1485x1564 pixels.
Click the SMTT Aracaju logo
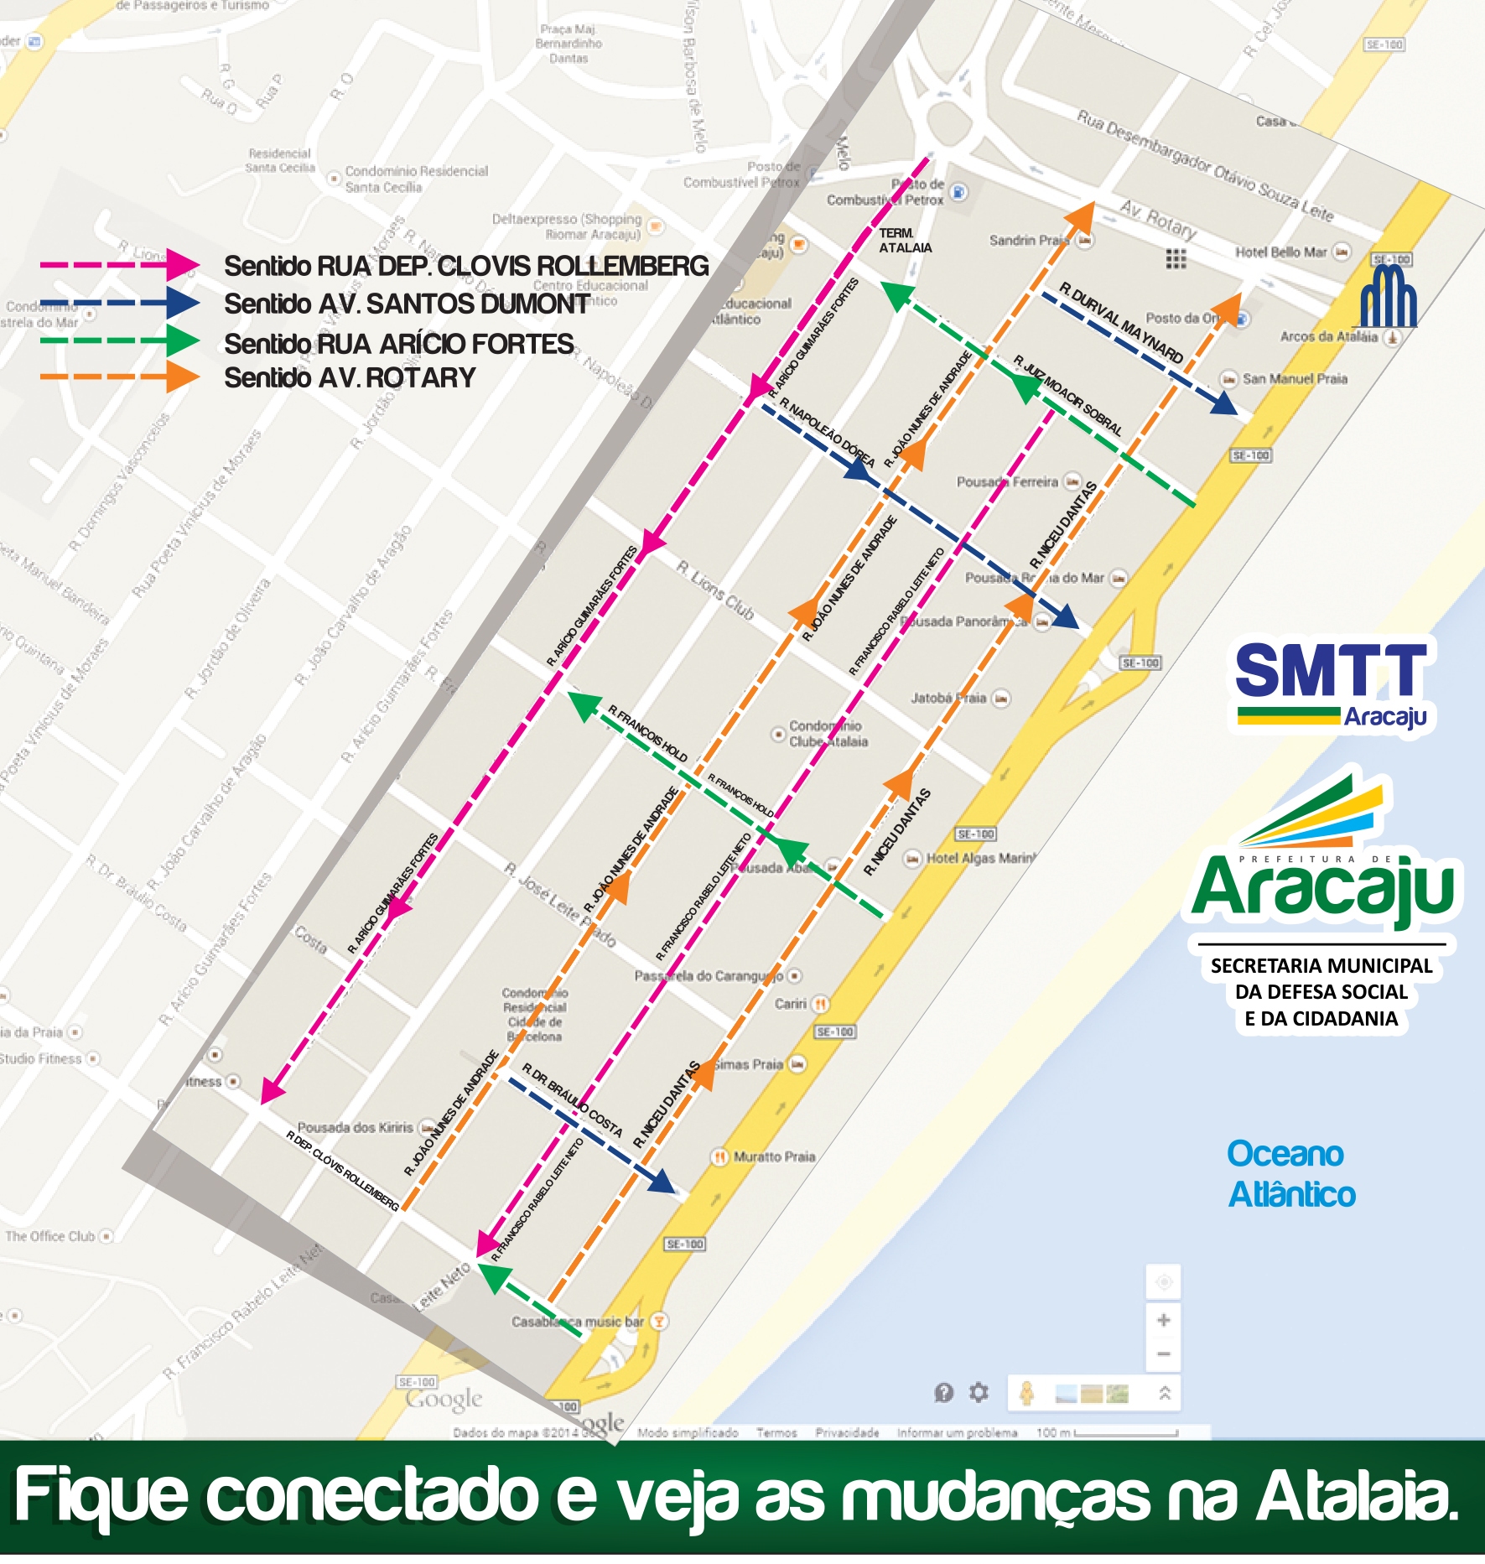point(1331,683)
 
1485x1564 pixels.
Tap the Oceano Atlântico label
point(1290,1174)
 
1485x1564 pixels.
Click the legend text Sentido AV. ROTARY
point(350,378)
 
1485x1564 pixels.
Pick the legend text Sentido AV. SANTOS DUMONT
point(406,304)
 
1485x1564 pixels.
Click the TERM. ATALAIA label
point(904,241)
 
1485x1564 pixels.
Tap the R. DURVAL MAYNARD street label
point(1120,323)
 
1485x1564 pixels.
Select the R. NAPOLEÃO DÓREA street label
point(827,433)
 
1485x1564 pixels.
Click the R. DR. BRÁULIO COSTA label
point(573,1099)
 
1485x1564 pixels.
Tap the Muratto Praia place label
point(773,1156)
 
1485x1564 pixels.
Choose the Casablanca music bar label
point(578,1322)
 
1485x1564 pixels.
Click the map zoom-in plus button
point(1163,1321)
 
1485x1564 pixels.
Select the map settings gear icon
point(979,1393)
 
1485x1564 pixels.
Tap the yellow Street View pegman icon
point(1026,1393)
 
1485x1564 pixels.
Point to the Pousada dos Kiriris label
point(356,1128)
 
